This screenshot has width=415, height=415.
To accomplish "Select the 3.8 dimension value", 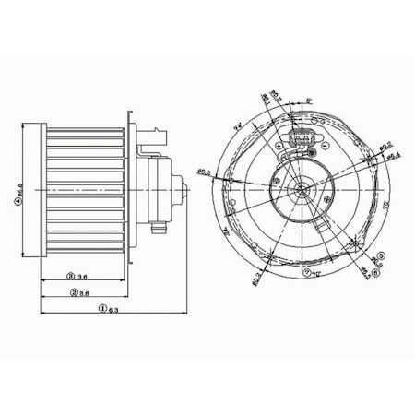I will [x=83, y=292].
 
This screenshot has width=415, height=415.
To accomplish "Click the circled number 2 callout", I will [x=71, y=292].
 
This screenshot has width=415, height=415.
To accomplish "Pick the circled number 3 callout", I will [x=69, y=276].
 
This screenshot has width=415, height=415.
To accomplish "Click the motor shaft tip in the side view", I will [x=190, y=196].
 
